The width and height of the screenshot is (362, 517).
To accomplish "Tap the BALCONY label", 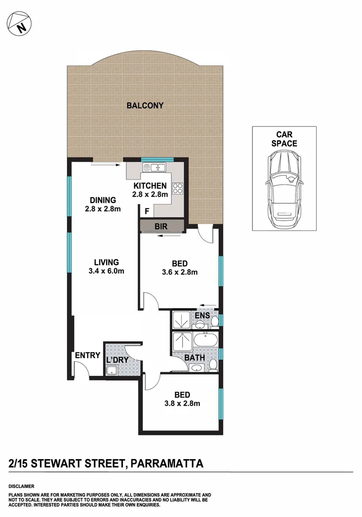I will (x=145, y=106).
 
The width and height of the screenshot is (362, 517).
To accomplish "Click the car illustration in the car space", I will (x=284, y=189).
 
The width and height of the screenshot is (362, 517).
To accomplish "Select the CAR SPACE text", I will (x=284, y=139).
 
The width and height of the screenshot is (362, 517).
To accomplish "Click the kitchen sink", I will (x=154, y=168).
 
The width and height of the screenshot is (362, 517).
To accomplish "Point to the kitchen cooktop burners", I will (x=178, y=189).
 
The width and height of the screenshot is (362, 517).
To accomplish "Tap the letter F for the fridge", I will (x=147, y=211).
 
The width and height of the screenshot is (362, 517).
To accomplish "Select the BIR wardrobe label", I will (x=161, y=226).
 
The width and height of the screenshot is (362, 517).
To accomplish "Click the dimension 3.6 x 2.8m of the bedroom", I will (x=180, y=272).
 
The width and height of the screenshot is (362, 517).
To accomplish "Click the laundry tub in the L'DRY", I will (x=113, y=370).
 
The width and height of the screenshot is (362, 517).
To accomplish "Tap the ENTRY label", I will (x=87, y=356).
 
